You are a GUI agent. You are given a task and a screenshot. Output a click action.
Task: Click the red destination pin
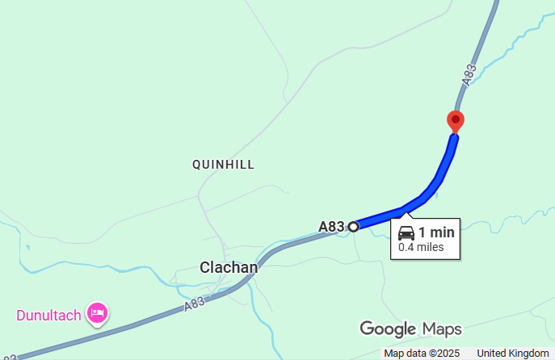point(456,122)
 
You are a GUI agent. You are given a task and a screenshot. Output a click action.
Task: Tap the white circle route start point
point(353,227)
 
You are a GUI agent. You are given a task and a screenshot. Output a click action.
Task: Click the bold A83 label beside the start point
point(331,227)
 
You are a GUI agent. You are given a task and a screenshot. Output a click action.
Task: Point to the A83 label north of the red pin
point(469,73)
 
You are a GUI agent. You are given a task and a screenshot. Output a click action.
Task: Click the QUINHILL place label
point(224,165)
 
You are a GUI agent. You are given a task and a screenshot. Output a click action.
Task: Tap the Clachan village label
point(229,267)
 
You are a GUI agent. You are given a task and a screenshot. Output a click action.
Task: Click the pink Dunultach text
point(48,315)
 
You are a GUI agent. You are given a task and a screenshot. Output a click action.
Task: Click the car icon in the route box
point(406,233)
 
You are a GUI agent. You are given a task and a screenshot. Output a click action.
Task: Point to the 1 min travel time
point(436,232)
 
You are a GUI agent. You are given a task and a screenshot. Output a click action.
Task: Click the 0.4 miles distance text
point(421,247)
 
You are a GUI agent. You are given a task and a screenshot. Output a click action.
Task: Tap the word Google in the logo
point(388,329)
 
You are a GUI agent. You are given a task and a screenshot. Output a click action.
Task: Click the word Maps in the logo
point(441,329)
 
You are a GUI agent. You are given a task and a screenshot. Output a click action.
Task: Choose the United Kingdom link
point(512,354)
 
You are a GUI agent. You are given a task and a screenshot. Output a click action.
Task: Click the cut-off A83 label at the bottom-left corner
point(8,355)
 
